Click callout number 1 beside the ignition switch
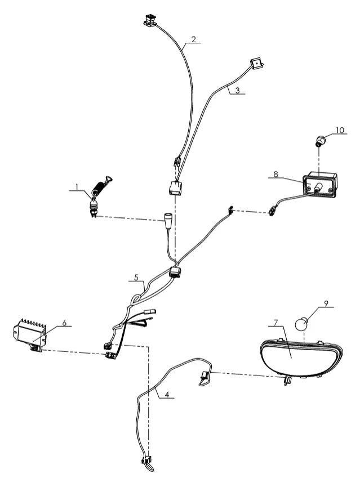[77, 186]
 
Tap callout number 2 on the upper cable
[193, 39]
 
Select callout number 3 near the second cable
[238, 90]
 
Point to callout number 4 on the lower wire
[167, 394]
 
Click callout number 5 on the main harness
[136, 278]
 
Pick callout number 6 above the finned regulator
[64, 323]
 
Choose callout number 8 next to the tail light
[276, 174]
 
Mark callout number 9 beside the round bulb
[326, 303]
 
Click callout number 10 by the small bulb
[340, 130]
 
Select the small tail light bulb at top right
[320, 141]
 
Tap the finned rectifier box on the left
[30, 336]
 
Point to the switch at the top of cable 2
[150, 21]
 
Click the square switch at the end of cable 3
[257, 64]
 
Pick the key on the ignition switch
[108, 180]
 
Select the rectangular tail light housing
[320, 185]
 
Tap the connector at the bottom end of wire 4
[148, 461]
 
